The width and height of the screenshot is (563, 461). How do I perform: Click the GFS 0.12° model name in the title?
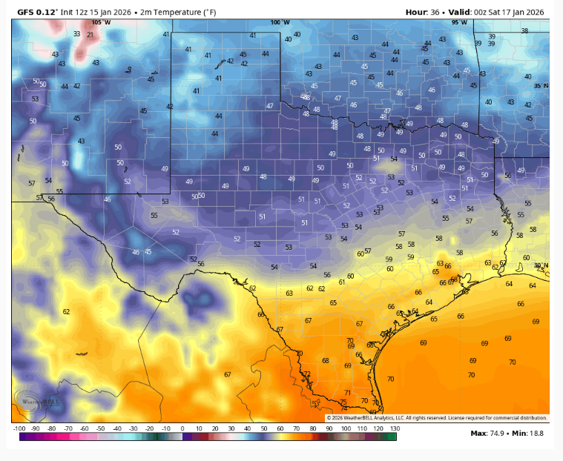point(36,12)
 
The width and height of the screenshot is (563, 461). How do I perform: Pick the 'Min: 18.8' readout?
point(531,434)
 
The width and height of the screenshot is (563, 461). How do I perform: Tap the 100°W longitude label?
point(280,22)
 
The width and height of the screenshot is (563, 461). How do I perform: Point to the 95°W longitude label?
point(459,22)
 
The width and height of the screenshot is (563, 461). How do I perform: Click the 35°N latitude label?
point(541,86)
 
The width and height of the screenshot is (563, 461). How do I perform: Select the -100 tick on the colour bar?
point(19,428)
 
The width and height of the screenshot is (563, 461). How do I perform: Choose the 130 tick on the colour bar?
point(395,428)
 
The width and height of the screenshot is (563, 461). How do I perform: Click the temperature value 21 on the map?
point(90,35)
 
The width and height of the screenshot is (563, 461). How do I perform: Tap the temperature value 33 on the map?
point(76,33)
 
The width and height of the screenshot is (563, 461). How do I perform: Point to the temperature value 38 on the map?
point(524,30)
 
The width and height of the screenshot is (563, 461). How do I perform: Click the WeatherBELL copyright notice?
point(437,418)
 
